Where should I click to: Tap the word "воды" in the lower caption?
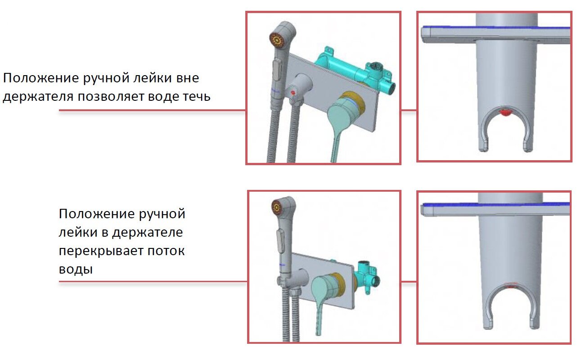pos(76,269)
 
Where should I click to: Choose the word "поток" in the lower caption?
pos(167,251)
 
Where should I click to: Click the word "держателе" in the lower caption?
pos(148,232)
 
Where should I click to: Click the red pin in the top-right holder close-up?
pos(504,112)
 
